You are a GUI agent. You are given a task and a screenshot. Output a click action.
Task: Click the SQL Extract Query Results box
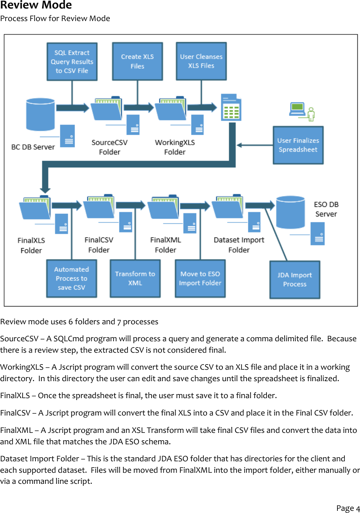72,62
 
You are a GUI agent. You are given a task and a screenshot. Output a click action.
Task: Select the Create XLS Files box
137,61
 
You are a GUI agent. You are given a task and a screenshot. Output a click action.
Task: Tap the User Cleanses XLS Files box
201,61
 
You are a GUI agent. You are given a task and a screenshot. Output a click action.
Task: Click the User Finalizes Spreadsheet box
298,145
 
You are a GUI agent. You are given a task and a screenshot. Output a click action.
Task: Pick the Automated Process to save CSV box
71,278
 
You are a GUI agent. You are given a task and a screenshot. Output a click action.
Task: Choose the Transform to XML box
135,278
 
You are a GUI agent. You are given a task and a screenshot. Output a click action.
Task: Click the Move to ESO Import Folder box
200,278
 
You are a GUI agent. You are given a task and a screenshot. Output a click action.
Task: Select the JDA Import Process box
295,280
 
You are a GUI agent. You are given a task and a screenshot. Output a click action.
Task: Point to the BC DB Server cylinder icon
41,114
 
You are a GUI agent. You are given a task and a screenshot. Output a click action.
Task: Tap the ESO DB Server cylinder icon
291,212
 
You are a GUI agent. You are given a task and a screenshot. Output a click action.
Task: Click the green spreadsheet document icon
231,107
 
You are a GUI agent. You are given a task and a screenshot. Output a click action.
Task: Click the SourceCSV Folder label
109,147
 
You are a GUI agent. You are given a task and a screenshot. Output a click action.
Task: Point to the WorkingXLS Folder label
174,147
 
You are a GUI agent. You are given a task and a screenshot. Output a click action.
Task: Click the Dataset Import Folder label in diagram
239,245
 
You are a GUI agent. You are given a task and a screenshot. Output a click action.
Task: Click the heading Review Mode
36,5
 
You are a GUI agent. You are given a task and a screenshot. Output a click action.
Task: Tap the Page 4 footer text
347,508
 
